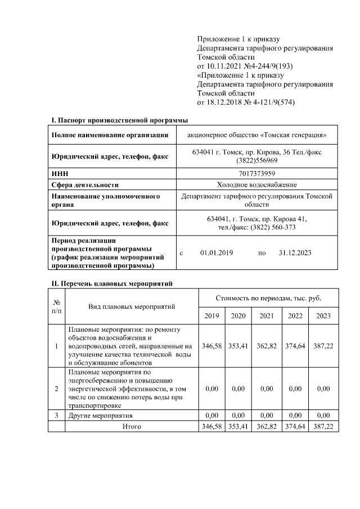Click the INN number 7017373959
[256, 174]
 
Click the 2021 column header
[267, 316]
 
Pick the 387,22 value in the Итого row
[323, 427]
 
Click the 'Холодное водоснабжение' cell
[256, 184]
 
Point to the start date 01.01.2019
[217, 253]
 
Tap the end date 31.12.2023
[295, 253]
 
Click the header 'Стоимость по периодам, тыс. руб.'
[268, 296]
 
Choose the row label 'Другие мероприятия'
[100, 415]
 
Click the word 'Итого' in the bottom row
[132, 427]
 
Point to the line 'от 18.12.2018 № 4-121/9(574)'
[246, 102]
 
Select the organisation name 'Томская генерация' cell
[256, 135]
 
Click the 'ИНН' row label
[59, 174]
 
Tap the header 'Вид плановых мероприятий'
[132, 307]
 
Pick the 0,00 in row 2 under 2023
[323, 389]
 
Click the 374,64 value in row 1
[296, 346]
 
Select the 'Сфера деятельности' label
[85, 184]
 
